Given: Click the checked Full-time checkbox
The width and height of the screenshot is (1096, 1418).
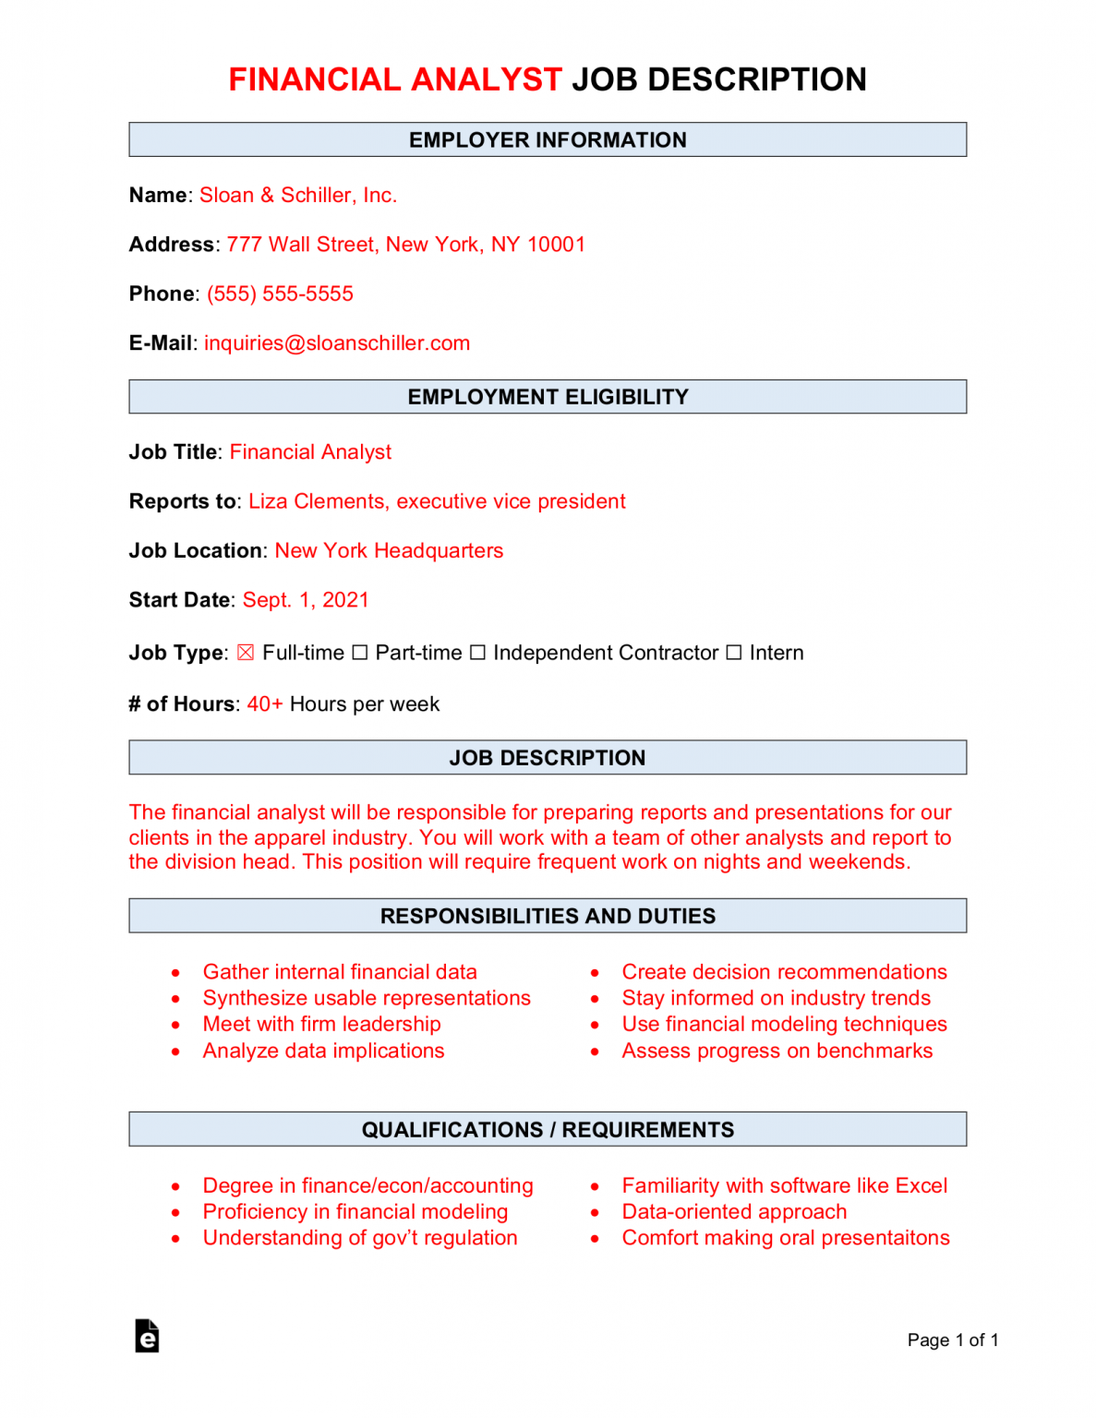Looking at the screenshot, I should (x=245, y=653).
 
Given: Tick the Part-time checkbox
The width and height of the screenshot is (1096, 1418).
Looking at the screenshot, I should (x=360, y=653).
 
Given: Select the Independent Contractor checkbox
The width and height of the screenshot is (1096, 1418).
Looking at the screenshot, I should (x=477, y=653).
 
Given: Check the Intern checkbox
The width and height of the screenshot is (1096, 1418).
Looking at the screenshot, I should (x=733, y=653).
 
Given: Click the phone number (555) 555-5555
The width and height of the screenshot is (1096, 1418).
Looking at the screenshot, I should (x=280, y=294).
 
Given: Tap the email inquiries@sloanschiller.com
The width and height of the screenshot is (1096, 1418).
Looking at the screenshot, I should (x=337, y=343).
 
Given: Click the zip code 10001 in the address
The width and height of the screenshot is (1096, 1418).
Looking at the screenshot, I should (x=556, y=245).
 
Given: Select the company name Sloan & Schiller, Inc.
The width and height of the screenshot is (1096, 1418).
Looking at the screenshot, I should (x=298, y=196).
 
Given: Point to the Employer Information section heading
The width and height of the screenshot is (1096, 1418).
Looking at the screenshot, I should (x=548, y=140).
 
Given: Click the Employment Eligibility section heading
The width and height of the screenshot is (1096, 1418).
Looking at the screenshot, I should (x=548, y=397).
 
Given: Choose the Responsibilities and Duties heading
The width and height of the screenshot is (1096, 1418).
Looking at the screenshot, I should (x=548, y=916).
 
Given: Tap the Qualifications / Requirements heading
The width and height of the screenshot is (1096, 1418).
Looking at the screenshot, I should (x=548, y=1130).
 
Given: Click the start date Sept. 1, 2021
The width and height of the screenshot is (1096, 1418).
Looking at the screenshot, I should (x=306, y=600).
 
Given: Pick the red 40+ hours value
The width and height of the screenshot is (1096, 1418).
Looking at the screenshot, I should (x=265, y=704).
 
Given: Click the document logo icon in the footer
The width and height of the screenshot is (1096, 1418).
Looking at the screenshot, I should (x=147, y=1336).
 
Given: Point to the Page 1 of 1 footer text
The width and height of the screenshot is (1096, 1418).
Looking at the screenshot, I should (x=952, y=1340).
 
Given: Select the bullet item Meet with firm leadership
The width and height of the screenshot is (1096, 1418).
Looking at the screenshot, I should (x=321, y=1024).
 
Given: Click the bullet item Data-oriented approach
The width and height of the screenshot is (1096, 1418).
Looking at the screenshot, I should (x=734, y=1211).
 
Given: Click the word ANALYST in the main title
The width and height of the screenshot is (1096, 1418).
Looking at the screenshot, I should (x=486, y=80).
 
